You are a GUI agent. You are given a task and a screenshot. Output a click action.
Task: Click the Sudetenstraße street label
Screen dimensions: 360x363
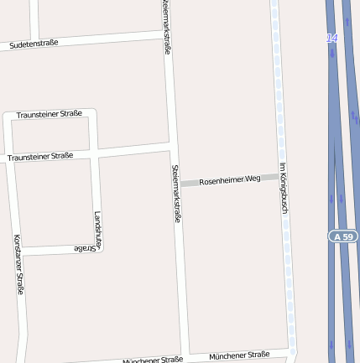[34, 43]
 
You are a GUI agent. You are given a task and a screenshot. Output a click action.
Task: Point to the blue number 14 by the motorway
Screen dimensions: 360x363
[332, 39]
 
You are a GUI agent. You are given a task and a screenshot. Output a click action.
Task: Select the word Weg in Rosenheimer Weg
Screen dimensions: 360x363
[253, 179]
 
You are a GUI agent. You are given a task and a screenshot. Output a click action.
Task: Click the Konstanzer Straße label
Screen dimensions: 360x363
[18, 264]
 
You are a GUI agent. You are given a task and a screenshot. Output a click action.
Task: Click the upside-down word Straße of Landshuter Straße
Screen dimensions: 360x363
[84, 249]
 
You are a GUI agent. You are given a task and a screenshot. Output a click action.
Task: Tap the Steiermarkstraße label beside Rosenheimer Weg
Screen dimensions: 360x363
[177, 194]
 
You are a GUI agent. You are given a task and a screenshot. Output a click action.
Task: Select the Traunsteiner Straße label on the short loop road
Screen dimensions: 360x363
[50, 114]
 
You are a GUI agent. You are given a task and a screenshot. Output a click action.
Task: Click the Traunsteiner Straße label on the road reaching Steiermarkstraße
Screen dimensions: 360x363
[40, 156]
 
